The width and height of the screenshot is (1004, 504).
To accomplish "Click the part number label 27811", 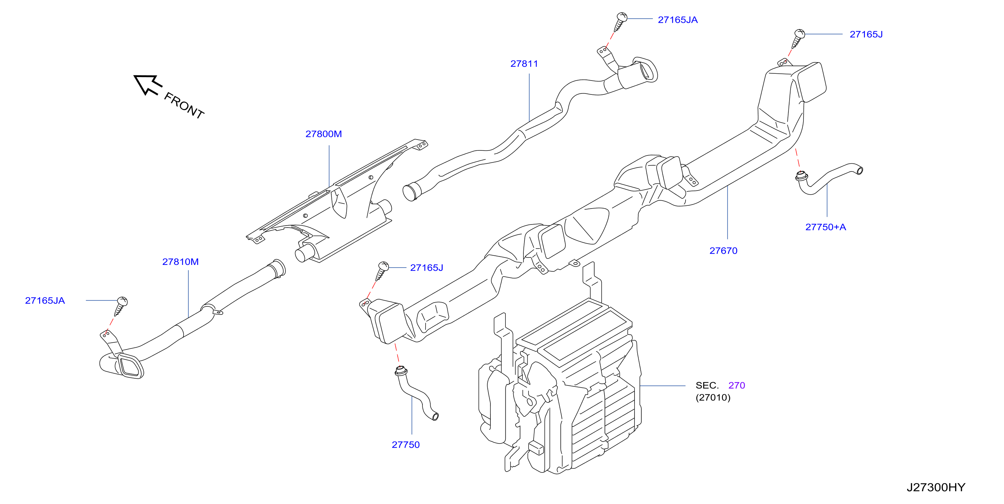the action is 524,64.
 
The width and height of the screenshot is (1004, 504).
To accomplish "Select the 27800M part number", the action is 324,134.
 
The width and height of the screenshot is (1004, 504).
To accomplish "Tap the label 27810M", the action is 180,262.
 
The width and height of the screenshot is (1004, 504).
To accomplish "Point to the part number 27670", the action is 723,251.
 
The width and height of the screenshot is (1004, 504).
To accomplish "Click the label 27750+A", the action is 826,227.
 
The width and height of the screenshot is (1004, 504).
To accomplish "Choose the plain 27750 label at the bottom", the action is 406,445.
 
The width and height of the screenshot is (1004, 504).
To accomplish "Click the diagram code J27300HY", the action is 936,487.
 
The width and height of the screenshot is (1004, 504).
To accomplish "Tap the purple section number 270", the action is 737,385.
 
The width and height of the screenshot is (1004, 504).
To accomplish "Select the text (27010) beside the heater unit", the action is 713,397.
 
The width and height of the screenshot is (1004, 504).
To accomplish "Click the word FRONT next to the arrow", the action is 184,105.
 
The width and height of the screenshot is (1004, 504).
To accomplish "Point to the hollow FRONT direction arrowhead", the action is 147,84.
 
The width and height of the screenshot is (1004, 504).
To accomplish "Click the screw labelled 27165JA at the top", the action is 621,22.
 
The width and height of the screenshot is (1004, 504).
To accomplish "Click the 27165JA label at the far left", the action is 45,301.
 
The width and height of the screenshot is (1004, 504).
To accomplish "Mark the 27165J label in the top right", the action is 866,34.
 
